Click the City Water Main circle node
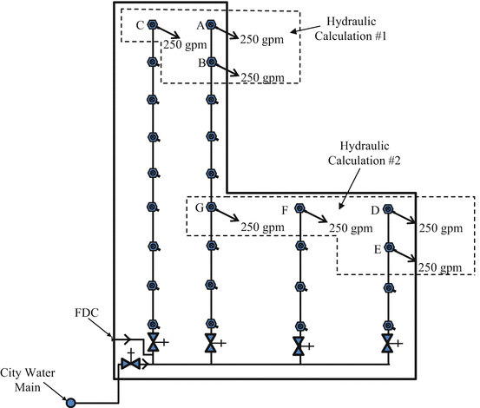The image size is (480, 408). pyautogui.click(x=71, y=402)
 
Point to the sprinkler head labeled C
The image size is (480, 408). pyautogui.click(x=152, y=26)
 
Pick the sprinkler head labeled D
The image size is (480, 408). pyautogui.click(x=388, y=210)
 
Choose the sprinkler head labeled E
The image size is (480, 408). pyautogui.click(x=388, y=249)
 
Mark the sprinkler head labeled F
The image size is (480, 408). pyautogui.click(x=299, y=209)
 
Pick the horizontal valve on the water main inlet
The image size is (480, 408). pyautogui.click(x=131, y=364)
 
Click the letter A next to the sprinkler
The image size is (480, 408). pyautogui.click(x=200, y=26)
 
